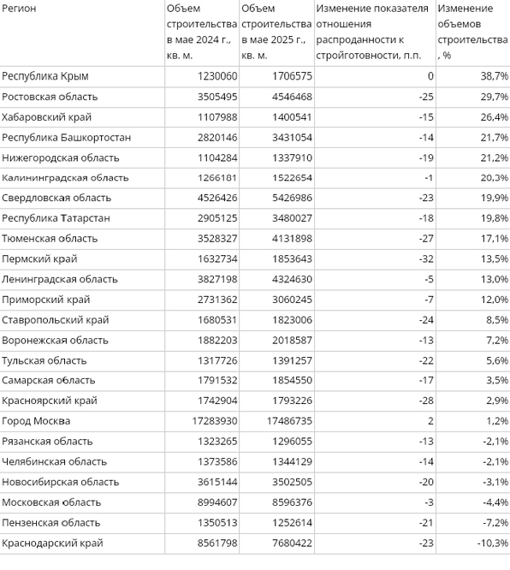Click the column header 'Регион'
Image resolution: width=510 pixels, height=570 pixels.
click(x=19, y=9)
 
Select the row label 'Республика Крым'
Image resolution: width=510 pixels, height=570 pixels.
click(x=45, y=76)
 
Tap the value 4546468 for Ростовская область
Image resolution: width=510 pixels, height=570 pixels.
click(x=292, y=97)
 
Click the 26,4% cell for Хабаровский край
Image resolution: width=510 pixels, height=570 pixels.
click(x=495, y=117)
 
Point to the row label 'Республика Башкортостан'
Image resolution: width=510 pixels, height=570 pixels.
click(x=66, y=138)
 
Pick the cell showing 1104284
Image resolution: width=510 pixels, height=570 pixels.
click(x=217, y=157)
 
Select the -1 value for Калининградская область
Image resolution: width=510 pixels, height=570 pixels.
click(x=429, y=178)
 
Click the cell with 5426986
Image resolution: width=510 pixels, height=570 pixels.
click(x=292, y=198)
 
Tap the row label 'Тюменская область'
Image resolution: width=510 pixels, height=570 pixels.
click(x=50, y=239)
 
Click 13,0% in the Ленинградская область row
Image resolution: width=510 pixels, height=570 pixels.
click(x=495, y=279)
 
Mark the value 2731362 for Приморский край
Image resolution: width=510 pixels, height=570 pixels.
click(x=217, y=300)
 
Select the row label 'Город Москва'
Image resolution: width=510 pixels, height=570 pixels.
click(x=36, y=421)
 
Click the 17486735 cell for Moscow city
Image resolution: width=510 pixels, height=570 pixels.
click(x=289, y=421)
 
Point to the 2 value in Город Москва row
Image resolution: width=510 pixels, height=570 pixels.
click(x=430, y=421)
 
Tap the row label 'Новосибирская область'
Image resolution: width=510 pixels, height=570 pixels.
click(x=61, y=482)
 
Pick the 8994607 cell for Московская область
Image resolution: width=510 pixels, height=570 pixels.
click(x=217, y=502)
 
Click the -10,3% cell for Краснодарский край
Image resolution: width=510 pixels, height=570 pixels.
click(x=493, y=543)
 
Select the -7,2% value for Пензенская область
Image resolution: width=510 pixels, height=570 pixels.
click(x=495, y=523)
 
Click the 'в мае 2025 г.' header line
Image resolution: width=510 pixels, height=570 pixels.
click(x=273, y=39)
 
